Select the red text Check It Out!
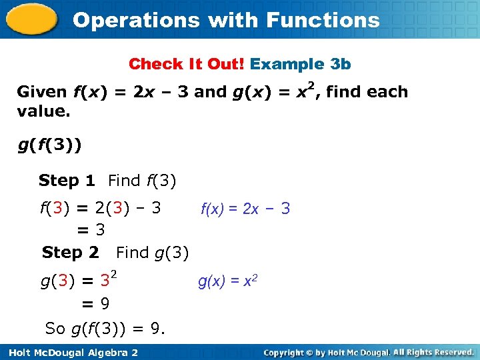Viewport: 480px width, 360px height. pyautogui.click(x=187, y=64)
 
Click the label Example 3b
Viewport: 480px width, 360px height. pyautogui.click(x=301, y=64)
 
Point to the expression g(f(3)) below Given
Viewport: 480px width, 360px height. pyautogui.click(x=49, y=145)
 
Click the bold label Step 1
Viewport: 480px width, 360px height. pyautogui.click(x=67, y=180)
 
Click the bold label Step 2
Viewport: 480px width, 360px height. pyautogui.click(x=70, y=252)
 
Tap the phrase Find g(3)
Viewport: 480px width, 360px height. pyautogui.click(x=153, y=252)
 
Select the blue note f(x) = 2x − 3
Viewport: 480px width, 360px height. pyautogui.click(x=245, y=209)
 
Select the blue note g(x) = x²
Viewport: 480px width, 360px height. pyautogui.click(x=228, y=281)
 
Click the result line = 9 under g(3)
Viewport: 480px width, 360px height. pyautogui.click(x=95, y=304)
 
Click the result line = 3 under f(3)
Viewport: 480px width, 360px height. pyautogui.click(x=91, y=230)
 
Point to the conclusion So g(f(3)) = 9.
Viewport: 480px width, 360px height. pyautogui.click(x=105, y=328)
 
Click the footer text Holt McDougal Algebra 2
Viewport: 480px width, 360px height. pyautogui.click(x=70, y=351)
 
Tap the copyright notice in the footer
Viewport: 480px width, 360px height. pyautogui.click(x=368, y=351)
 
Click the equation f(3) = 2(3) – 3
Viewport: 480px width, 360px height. pyautogui.click(x=101, y=207)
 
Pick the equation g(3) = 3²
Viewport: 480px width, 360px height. pyautogui.click(x=78, y=280)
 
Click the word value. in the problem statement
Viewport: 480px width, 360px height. pyautogui.click(x=43, y=111)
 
